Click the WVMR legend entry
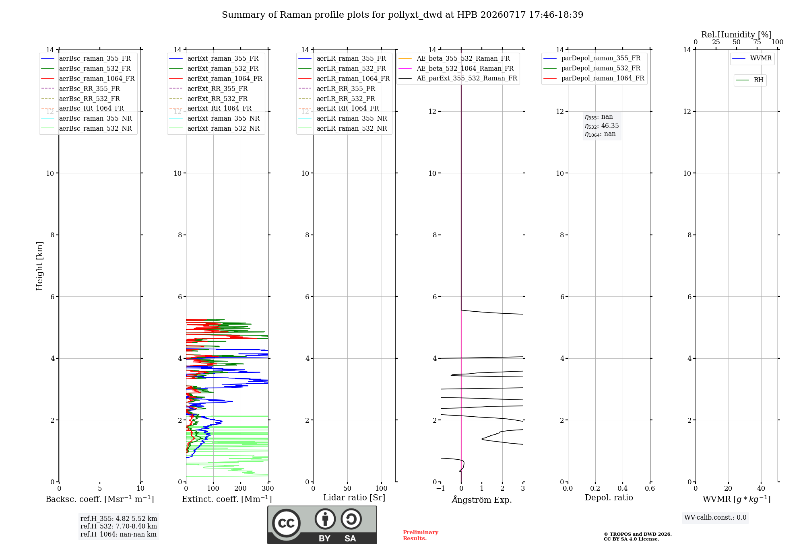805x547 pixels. tap(752, 58)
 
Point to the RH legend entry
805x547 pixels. tap(749, 80)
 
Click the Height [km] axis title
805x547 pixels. tap(39, 266)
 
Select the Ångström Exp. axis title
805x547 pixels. tap(482, 500)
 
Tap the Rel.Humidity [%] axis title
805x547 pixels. tap(737, 35)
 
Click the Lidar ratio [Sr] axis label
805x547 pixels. tap(354, 498)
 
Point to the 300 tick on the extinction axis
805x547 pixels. tap(268, 488)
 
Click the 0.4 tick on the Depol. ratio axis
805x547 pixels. tap(623, 488)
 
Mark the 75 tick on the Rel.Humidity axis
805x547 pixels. tap(757, 42)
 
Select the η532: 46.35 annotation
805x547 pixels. tap(602, 125)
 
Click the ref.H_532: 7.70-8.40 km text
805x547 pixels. tap(119, 526)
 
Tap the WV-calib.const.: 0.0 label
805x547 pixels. tap(715, 518)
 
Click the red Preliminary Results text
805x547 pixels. tap(421, 535)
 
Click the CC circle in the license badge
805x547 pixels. tap(286, 523)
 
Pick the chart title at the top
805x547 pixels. tap(402, 15)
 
